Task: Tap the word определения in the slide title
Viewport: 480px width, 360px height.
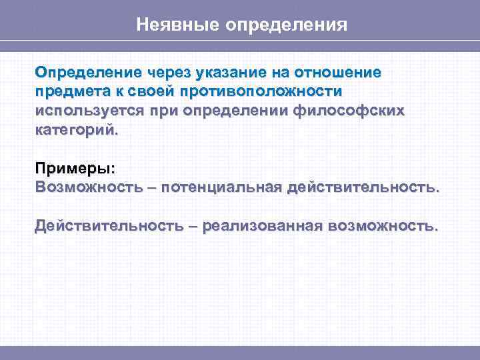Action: tap(287, 25)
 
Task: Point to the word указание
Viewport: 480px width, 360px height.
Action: tap(237, 72)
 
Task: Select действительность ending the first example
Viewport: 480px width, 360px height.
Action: tap(363, 187)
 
